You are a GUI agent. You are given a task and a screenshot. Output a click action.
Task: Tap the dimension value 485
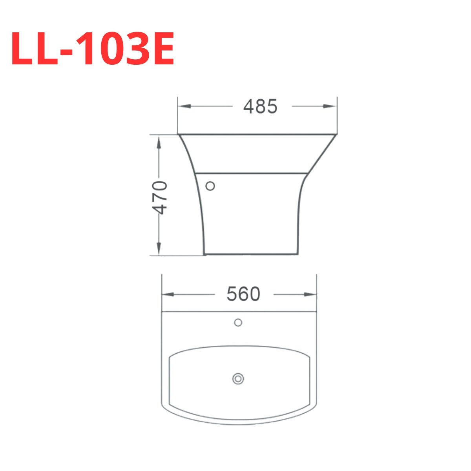260,106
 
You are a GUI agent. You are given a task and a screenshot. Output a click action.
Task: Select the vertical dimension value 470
160,197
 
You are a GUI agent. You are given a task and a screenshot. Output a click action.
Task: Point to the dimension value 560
243,294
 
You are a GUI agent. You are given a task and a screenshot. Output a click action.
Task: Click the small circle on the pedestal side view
210,186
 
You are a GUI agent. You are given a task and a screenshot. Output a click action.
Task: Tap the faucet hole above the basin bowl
238,323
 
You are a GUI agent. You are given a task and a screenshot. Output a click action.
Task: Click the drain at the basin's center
238,379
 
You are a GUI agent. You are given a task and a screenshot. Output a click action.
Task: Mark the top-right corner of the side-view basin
336,135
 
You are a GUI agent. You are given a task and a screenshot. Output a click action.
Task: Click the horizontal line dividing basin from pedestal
251,173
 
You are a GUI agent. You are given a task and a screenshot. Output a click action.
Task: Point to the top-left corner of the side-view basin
179,135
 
